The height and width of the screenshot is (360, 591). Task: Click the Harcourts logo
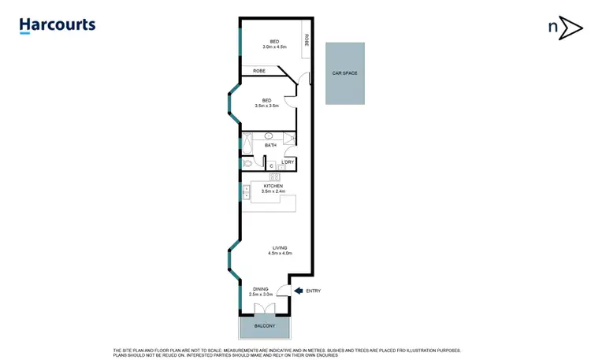[57, 25]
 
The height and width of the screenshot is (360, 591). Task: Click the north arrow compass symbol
[564, 28]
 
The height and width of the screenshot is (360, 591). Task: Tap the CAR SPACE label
[345, 73]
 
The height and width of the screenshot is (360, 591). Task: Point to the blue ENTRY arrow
[299, 291]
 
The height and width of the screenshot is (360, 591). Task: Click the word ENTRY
[313, 291]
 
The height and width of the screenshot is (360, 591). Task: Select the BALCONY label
[265, 326]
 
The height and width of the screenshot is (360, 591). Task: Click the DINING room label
[260, 288]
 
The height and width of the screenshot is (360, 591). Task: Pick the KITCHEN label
[273, 186]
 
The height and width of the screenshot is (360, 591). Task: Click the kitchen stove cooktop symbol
[274, 176]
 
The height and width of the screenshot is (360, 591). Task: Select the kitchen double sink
[247, 191]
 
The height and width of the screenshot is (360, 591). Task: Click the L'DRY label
[288, 162]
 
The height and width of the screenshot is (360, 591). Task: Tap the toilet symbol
[248, 164]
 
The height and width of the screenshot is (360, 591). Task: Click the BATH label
[270, 145]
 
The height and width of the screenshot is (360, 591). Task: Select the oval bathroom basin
[269, 136]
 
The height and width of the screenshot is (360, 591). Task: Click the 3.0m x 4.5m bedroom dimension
[274, 47]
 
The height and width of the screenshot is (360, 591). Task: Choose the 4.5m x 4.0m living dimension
[281, 254]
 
